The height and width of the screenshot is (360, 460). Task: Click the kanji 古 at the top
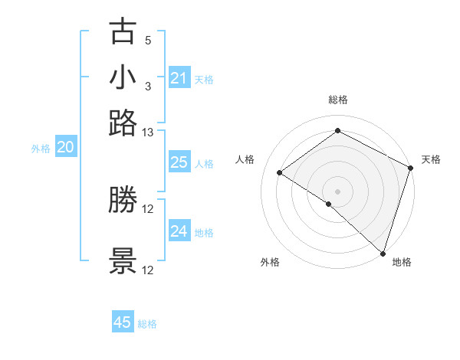pos(123,32)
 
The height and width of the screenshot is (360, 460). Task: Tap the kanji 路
pos(123,123)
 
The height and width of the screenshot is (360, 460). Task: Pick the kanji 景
pos(123,261)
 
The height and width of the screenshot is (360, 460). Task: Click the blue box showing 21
pos(179,78)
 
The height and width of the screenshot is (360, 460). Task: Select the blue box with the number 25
pos(179,162)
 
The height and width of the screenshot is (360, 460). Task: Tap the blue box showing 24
pos(179,231)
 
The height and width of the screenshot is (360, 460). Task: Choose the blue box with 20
pos(65,148)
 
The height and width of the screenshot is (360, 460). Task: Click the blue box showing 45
pos(123,322)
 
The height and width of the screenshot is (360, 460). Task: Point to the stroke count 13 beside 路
pos(148,133)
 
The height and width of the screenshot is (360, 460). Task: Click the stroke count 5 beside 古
pos(148,40)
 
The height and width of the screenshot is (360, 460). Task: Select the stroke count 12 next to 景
pos(148,270)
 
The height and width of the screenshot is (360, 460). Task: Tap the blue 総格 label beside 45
pos(147,324)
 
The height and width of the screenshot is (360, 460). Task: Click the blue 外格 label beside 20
pos(40,149)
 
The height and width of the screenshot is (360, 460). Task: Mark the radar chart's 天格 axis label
pos(431,159)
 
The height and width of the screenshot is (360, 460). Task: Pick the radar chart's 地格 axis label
pos(402,262)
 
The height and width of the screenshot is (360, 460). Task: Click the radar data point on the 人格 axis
pos(280,172)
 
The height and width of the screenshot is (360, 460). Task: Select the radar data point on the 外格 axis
pos(329,204)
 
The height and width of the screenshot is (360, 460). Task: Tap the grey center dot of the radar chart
pos(338,191)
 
